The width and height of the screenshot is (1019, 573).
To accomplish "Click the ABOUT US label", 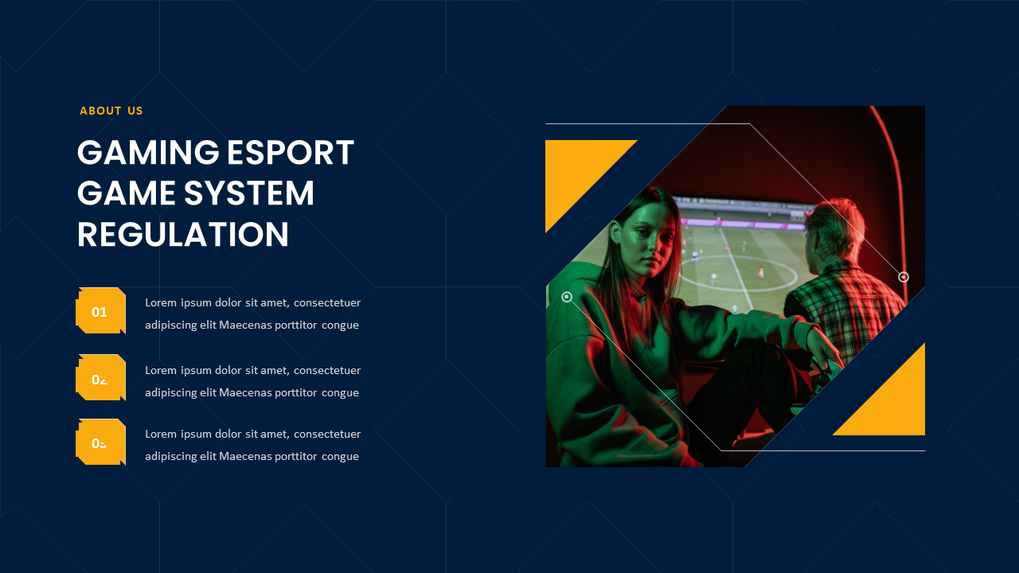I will point(111,111).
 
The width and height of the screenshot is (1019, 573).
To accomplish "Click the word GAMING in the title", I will point(148,153).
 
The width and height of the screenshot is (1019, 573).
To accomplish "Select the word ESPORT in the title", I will point(291,153).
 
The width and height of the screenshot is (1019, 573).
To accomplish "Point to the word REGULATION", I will point(182,236).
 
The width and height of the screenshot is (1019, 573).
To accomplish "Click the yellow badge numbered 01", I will point(100,311).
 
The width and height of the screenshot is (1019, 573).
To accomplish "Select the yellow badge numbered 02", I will point(100,379).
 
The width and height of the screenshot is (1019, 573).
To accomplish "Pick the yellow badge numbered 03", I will point(100,442).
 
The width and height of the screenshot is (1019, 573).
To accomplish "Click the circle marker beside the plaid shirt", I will point(904,277).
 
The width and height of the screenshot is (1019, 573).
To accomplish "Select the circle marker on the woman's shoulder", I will point(567,297).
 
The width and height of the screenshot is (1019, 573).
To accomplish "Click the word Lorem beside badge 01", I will point(161,302).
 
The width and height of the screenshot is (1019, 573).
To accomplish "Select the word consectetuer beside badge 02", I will point(327,370).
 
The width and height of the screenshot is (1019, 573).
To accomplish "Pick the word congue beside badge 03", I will point(340,456).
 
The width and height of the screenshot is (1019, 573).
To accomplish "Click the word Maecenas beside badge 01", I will point(244,325).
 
